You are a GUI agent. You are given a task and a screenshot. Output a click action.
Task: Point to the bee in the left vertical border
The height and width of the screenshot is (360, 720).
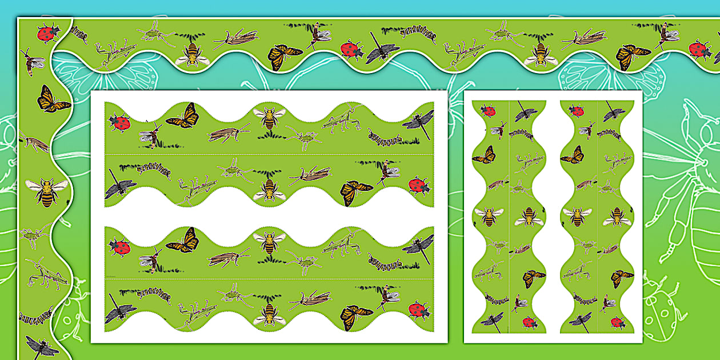click(x=46, y=191)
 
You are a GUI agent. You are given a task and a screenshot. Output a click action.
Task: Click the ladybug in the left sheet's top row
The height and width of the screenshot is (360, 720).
click(x=119, y=121)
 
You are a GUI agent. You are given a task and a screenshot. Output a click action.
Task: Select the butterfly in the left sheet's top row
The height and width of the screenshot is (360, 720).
click(x=183, y=117)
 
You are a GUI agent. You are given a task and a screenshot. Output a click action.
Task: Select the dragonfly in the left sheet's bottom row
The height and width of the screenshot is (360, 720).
click(x=119, y=311)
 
